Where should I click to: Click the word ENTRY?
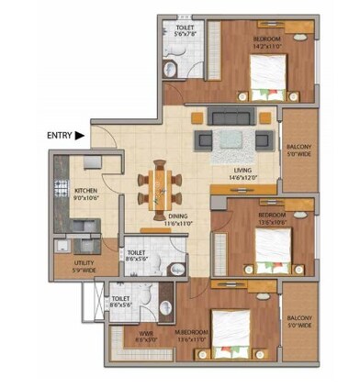pyautogui.click(x=58, y=136)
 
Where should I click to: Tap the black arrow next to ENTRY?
pyautogui.click(x=80, y=136)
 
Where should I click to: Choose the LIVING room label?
pyautogui.click(x=243, y=171)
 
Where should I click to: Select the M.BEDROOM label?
pyautogui.click(x=194, y=332)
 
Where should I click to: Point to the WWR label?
pyautogui.click(x=145, y=334)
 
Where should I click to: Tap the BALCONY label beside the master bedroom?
pyautogui.click(x=298, y=319)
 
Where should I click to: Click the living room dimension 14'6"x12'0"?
pyautogui.click(x=243, y=177)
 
